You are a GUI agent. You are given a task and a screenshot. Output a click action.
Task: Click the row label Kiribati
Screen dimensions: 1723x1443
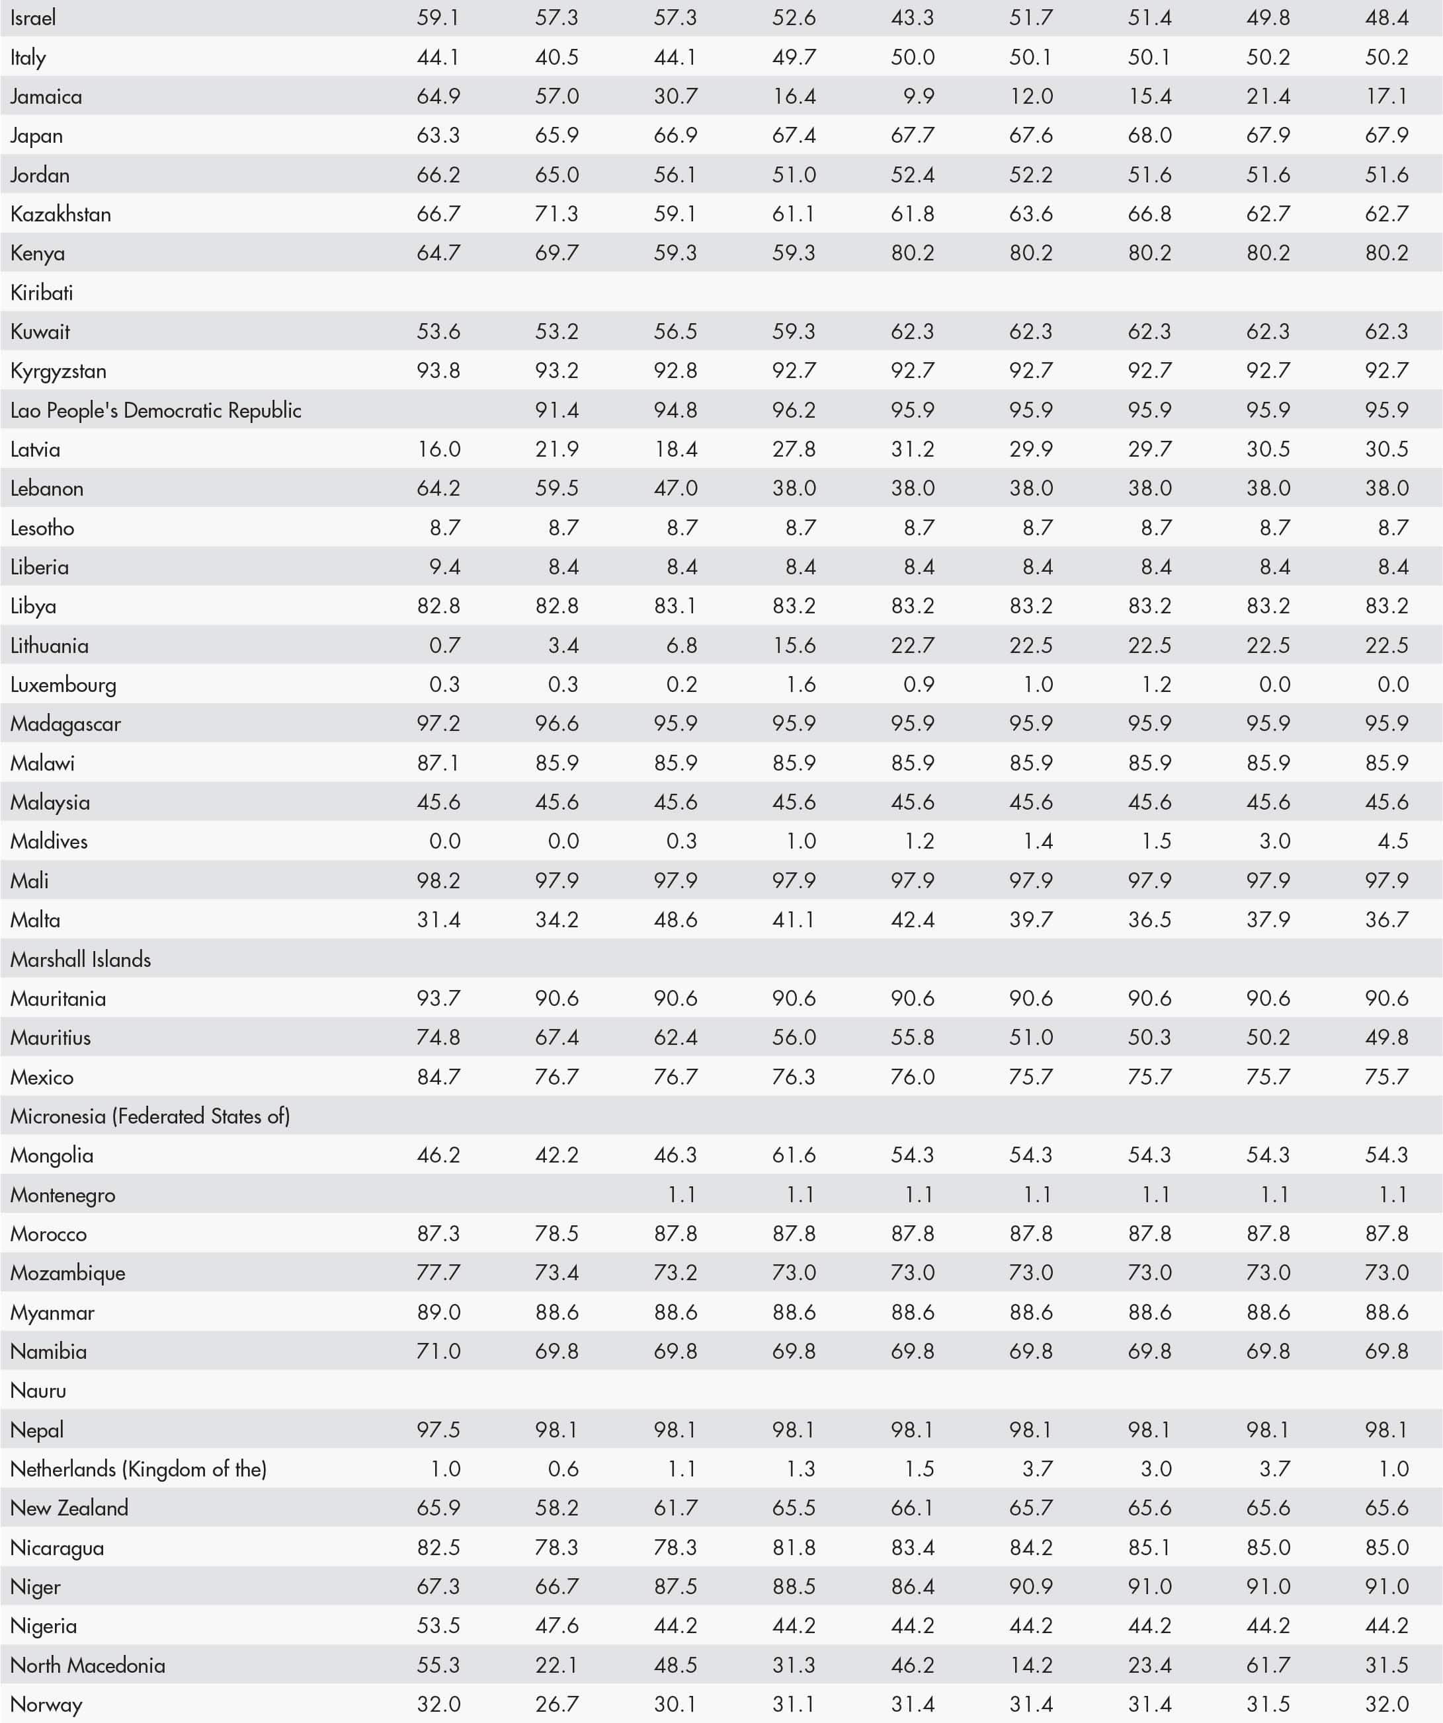click(x=42, y=293)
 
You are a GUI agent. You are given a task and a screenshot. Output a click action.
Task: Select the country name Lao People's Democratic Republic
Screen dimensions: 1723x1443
click(x=156, y=410)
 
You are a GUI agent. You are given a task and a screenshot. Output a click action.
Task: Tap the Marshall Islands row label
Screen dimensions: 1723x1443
click(x=81, y=959)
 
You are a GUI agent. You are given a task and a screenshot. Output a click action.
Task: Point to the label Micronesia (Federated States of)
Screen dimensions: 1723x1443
click(x=150, y=1116)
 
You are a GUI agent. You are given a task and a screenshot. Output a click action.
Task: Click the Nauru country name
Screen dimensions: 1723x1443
click(x=38, y=1391)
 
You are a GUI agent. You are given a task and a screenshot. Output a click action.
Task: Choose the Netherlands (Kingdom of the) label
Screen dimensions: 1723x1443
click(x=139, y=1469)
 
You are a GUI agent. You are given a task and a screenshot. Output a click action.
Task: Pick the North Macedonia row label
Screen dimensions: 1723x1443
click(x=88, y=1665)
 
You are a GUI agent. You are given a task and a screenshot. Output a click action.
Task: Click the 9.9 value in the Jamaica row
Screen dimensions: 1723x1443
click(x=919, y=96)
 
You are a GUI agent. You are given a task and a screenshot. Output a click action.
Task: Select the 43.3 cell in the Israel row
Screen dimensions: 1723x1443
click(x=912, y=18)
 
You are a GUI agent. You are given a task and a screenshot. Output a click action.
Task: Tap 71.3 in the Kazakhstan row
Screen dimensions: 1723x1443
click(x=557, y=214)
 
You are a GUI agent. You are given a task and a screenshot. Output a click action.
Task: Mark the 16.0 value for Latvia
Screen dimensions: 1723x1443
click(x=438, y=449)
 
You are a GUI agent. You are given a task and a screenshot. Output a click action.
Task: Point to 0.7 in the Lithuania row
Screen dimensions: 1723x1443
click(x=444, y=646)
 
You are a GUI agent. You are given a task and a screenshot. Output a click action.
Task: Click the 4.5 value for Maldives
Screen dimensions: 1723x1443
click(x=1393, y=841)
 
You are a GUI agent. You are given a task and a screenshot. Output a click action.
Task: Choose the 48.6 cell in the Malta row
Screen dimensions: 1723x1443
click(x=675, y=920)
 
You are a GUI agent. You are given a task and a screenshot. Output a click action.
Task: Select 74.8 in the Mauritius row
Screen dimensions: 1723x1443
click(x=438, y=1037)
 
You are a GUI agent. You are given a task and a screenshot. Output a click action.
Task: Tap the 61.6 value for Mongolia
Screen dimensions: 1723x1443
click(x=794, y=1155)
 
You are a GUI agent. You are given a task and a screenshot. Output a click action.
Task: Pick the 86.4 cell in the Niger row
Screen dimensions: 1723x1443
click(x=912, y=1587)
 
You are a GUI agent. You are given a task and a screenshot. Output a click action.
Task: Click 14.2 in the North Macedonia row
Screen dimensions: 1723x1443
click(x=1031, y=1665)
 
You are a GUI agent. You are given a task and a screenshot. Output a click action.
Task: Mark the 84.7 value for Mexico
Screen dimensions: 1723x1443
click(x=438, y=1077)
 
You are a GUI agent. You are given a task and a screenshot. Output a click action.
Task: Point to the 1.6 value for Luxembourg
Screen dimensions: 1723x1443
click(x=800, y=684)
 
